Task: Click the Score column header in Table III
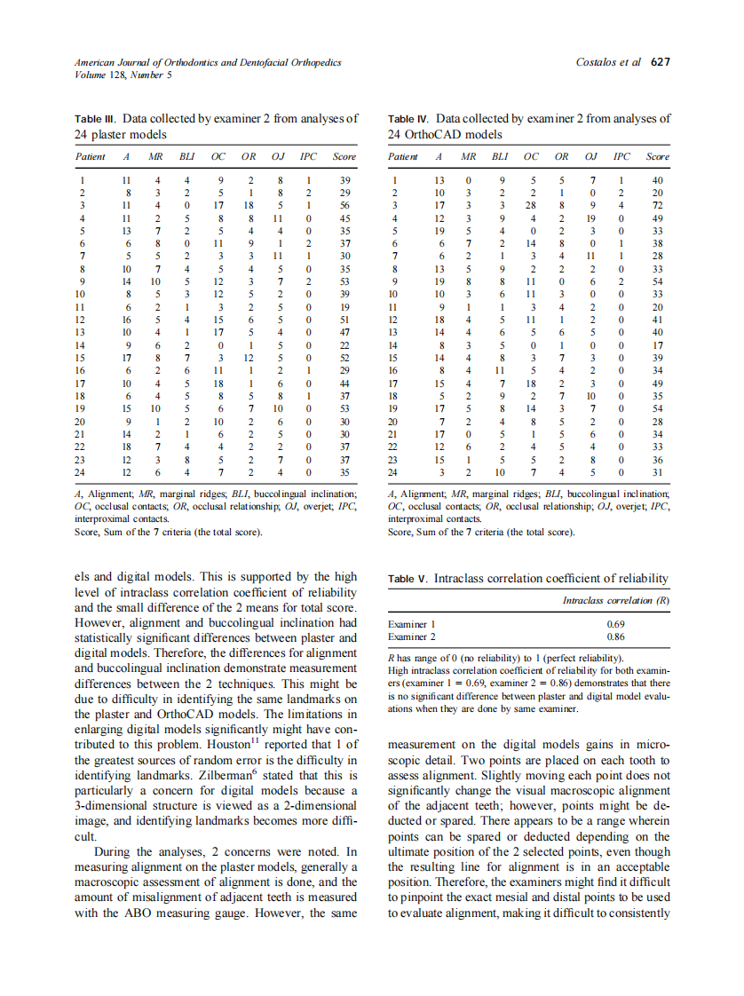(344, 157)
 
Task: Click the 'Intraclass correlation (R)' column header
(615, 601)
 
